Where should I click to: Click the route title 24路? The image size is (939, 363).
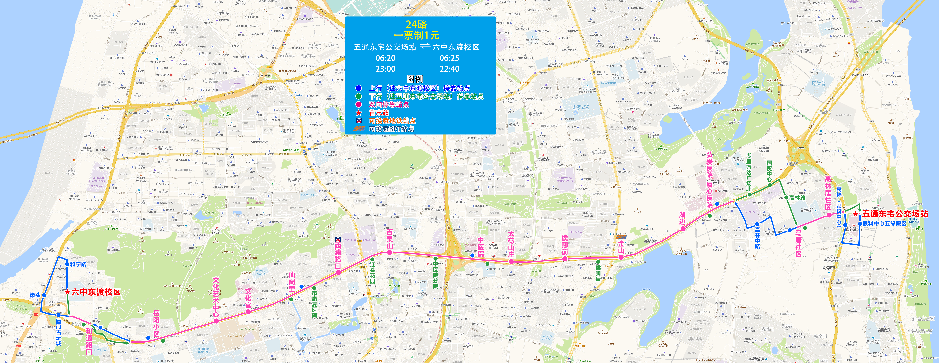(416, 24)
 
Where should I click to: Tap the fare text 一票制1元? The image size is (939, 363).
(416, 35)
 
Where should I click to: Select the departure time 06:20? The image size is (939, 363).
(385, 58)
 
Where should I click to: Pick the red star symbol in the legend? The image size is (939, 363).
(359, 113)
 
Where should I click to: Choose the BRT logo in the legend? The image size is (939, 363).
(359, 129)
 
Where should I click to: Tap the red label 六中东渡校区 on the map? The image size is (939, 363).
(96, 292)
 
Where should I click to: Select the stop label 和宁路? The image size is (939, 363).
(78, 264)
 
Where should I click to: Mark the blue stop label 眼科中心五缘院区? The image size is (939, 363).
(884, 223)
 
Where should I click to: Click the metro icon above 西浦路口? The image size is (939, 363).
(338, 239)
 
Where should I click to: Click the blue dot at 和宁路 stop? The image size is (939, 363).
(67, 264)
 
